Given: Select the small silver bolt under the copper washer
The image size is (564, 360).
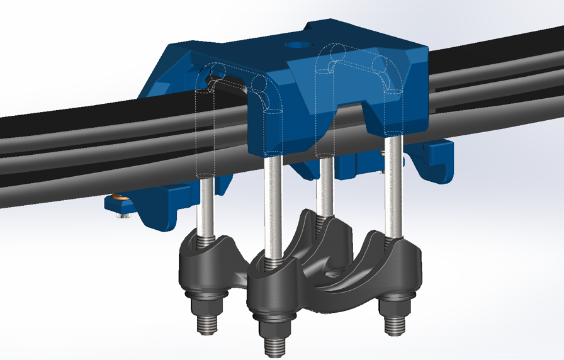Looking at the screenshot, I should [x=123, y=217].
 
